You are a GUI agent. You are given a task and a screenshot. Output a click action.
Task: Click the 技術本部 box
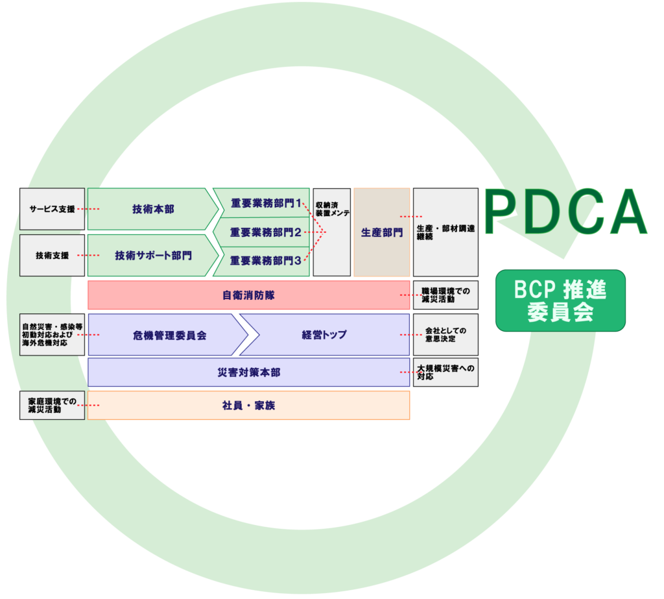(153, 209)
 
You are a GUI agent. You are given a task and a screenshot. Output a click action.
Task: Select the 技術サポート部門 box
(153, 256)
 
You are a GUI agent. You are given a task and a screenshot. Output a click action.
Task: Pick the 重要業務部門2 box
(265, 232)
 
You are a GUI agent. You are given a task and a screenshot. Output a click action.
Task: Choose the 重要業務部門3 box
(265, 261)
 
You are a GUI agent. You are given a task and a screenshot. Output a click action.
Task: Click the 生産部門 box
(381, 232)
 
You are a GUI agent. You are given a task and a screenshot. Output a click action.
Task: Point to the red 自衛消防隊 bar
(248, 295)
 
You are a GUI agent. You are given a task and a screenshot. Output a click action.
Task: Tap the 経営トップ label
(324, 335)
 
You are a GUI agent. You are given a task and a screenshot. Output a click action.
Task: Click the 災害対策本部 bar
(248, 373)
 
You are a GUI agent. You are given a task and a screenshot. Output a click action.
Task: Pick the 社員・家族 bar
(248, 406)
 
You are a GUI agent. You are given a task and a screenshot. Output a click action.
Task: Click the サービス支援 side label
(52, 209)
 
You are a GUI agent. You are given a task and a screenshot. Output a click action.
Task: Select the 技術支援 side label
(52, 256)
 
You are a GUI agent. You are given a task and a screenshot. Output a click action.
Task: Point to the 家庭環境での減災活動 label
(52, 406)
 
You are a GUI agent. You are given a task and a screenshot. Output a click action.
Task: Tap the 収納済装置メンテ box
(331, 232)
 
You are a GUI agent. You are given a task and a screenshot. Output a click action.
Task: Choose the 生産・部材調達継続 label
(445, 232)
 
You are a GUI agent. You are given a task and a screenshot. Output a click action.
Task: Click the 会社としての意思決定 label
(445, 335)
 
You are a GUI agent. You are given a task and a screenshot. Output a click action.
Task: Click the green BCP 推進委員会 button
(560, 300)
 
